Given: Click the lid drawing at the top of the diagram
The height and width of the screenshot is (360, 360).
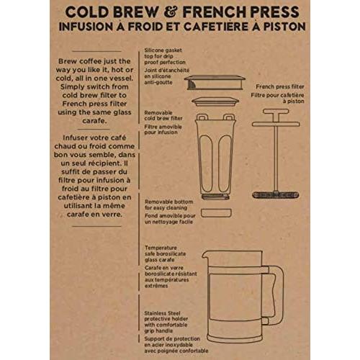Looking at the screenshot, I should tap(215, 83).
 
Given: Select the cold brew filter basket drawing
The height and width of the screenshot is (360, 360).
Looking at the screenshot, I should tap(215, 155).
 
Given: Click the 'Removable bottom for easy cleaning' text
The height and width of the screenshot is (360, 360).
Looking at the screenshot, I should tap(169, 206).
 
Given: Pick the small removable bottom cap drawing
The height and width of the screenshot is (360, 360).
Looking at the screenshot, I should tap(215, 212).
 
